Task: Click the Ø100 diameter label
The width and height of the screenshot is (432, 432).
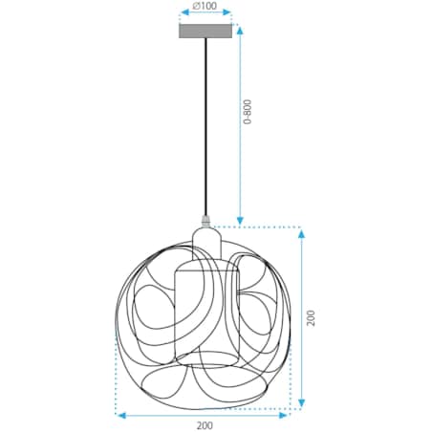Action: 205,7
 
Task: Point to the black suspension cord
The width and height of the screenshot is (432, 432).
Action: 205,124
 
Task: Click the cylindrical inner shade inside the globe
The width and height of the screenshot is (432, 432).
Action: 205,311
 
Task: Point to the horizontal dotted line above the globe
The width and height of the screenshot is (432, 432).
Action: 258,227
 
